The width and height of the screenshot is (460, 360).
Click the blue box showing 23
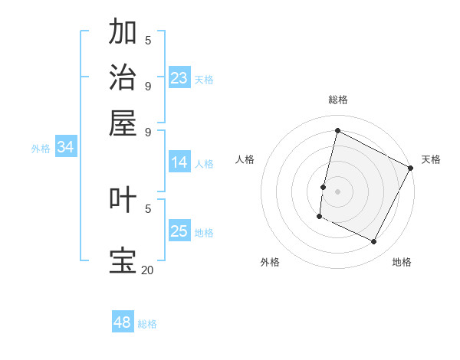coord(179,78)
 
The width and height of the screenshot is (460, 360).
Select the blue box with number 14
coord(179,162)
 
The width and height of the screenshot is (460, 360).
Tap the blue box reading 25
coord(179,231)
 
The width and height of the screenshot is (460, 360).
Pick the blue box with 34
coord(65,147)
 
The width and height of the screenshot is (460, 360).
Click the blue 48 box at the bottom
coord(123,322)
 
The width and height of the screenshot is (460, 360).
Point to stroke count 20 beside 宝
coord(147,270)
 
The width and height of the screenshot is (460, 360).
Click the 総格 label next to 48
coord(147,324)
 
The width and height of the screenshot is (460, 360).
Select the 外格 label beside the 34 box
coord(40,149)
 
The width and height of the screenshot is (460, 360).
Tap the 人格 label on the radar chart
coord(245,159)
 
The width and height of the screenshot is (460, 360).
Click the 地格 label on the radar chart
coord(402,262)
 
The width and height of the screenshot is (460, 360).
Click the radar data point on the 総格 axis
coord(337,130)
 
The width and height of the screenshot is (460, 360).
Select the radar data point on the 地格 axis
coord(374,242)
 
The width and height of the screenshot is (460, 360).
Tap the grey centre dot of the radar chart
coord(337,191)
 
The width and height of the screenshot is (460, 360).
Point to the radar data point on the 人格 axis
coord(324,186)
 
